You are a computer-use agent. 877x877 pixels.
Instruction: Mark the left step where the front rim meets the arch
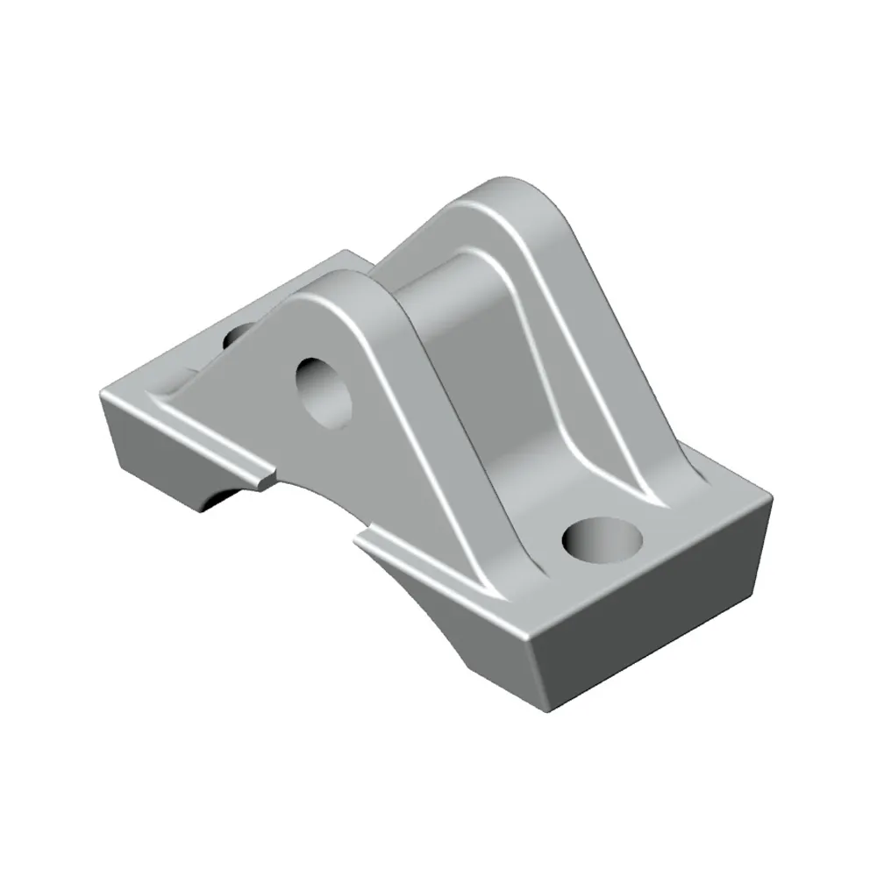pos(263,478)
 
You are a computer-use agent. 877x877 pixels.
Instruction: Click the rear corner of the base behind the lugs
pos(351,254)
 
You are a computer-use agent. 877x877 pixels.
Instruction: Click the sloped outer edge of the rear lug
pos(614,351)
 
